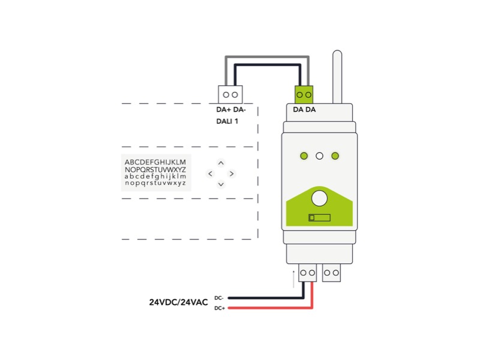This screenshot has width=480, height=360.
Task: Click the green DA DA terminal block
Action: click(x=305, y=94)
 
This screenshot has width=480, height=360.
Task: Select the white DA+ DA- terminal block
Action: click(x=230, y=94)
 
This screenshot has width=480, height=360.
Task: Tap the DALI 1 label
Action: click(x=227, y=122)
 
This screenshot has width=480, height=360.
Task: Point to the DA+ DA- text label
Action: click(x=231, y=110)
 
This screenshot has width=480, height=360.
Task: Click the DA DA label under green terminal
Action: click(x=304, y=110)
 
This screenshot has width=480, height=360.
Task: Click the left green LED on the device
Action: click(x=304, y=156)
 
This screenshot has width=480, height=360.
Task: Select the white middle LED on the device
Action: click(x=320, y=156)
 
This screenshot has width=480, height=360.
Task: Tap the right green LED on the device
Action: click(x=335, y=156)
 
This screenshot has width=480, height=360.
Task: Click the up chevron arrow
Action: click(x=221, y=163)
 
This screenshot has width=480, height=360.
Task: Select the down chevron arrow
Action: click(x=221, y=184)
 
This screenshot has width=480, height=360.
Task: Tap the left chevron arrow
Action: click(x=210, y=173)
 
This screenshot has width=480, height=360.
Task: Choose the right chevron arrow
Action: click(x=232, y=173)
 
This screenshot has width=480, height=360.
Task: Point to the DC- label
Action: click(x=219, y=298)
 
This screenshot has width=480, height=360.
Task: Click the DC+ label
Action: click(x=219, y=308)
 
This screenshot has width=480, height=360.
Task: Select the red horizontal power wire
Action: click(x=270, y=308)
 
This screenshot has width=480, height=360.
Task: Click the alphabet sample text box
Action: click(x=155, y=173)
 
